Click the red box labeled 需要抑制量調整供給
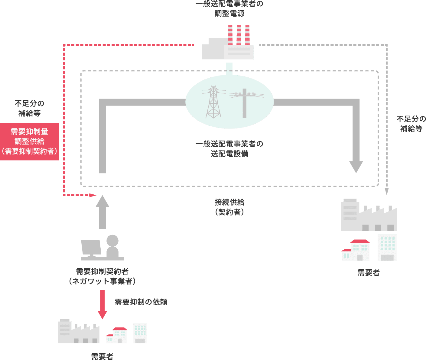pos(29,141)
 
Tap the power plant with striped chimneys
pos(228,45)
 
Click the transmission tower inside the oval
pos(213,102)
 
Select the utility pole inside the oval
pos(245,102)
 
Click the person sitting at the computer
pos(112,248)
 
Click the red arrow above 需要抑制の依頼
pos(102,304)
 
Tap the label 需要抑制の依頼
pos(141,302)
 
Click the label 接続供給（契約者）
pos(229,207)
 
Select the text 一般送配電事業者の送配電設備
pos(229,149)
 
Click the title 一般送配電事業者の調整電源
pos(229,9)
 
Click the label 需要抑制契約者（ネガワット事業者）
pos(102,276)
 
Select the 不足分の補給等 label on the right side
pos(411,124)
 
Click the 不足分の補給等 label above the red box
pos(29,108)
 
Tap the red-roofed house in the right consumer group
pos(356,250)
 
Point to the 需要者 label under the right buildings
pos(369,273)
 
